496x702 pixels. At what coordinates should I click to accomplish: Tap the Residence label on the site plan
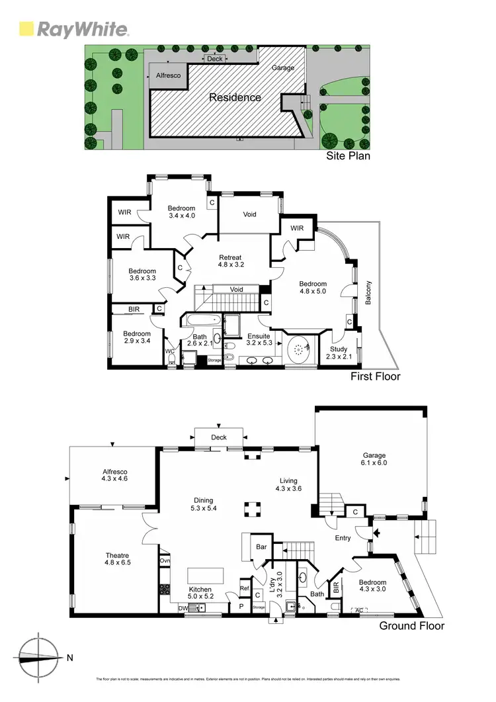point(235,97)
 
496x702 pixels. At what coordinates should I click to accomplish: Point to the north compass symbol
point(40,657)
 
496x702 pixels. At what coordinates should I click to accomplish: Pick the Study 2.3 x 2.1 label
point(339,353)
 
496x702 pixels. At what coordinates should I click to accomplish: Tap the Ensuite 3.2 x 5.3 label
point(259,339)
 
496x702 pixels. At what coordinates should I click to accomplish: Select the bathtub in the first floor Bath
point(200,319)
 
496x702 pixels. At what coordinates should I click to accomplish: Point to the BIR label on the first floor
point(134,309)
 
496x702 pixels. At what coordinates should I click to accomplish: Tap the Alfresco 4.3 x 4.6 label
point(114,474)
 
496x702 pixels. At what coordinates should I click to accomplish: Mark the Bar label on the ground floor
point(261,547)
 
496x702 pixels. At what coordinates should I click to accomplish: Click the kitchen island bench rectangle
point(206,573)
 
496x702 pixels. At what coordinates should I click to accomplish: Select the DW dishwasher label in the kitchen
point(183,608)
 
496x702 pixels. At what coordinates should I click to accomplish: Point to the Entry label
point(343,538)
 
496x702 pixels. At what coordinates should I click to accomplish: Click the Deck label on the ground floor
point(218,437)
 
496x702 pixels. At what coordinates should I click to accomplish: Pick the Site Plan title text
point(349,156)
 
